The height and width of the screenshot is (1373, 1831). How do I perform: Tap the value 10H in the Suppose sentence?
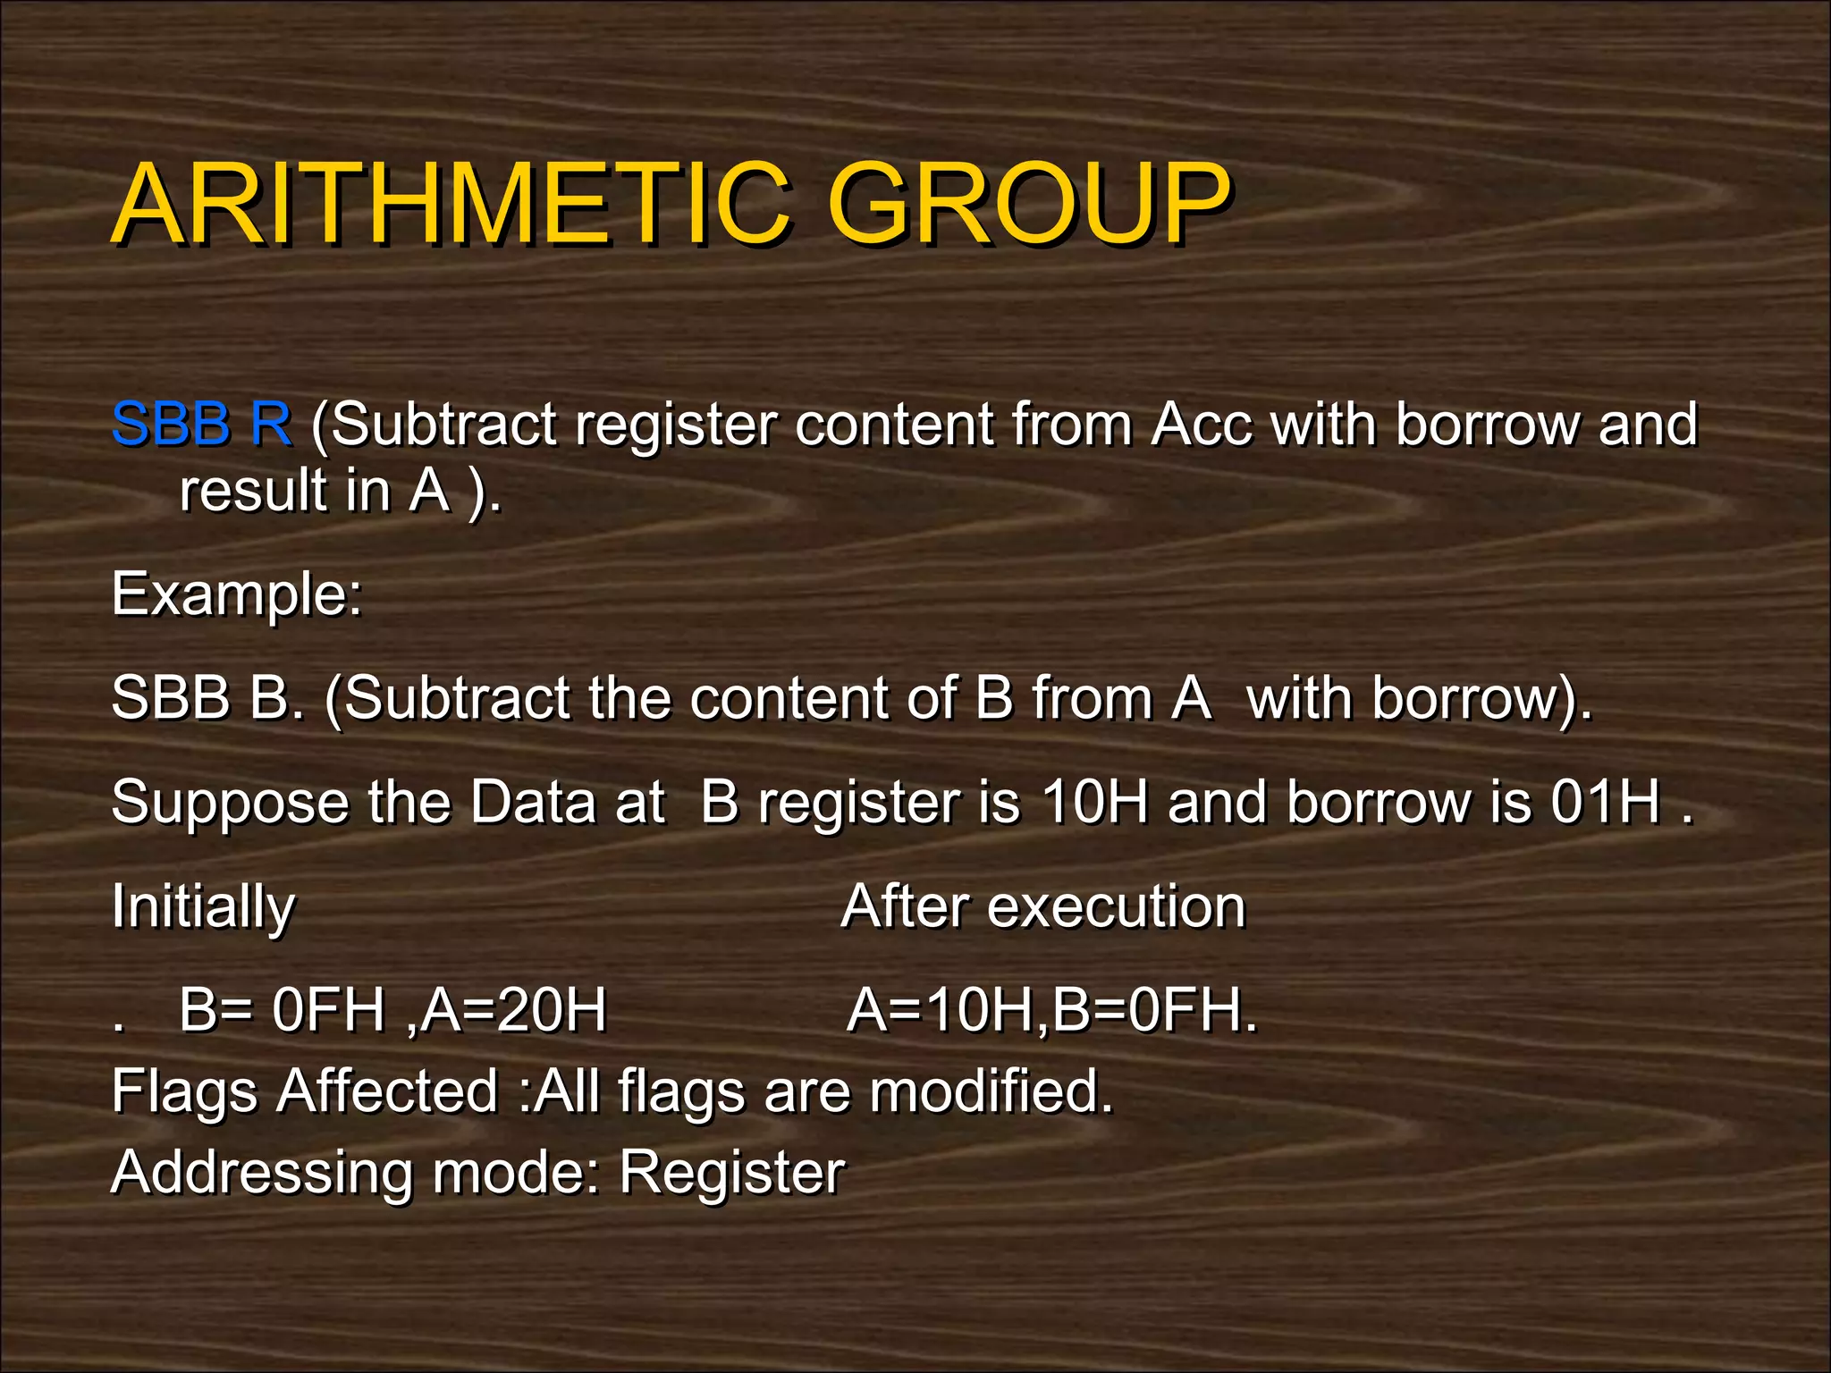(1094, 801)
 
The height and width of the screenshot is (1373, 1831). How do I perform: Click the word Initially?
(203, 907)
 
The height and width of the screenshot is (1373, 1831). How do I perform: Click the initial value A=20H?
(514, 1010)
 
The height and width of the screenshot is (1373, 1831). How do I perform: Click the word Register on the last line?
(731, 1173)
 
